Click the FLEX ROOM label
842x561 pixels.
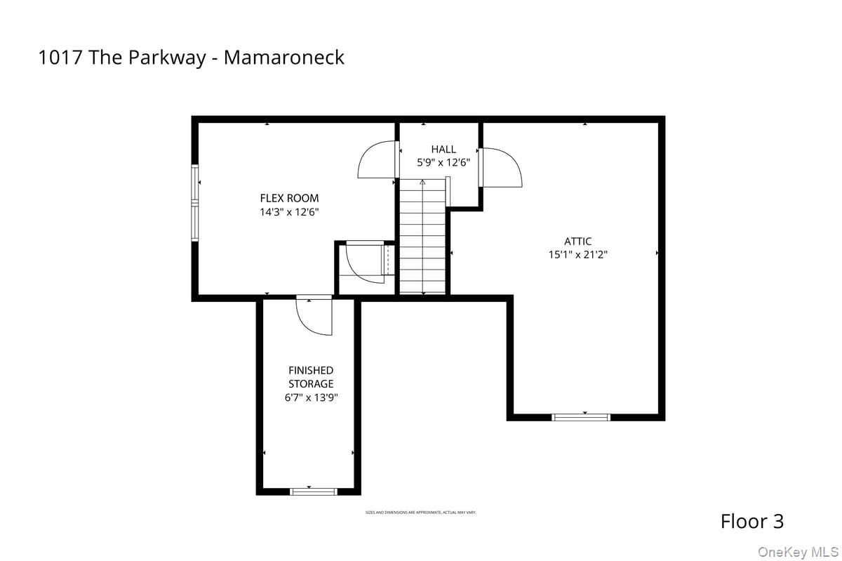click(289, 198)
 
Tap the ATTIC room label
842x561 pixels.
click(577, 242)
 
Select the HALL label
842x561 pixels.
click(443, 149)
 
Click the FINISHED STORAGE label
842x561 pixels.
click(311, 377)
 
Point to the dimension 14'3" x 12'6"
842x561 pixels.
click(289, 211)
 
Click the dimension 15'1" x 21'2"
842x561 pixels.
click(577, 255)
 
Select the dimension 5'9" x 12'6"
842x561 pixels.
click(443, 162)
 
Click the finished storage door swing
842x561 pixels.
click(315, 315)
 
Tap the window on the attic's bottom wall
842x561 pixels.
click(581, 417)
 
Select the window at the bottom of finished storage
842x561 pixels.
click(314, 491)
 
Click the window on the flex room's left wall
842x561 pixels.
click(196, 204)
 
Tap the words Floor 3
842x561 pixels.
click(752, 521)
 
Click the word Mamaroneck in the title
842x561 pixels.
click(284, 58)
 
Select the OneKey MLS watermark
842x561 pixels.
click(798, 550)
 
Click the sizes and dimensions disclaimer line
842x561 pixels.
click(421, 513)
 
